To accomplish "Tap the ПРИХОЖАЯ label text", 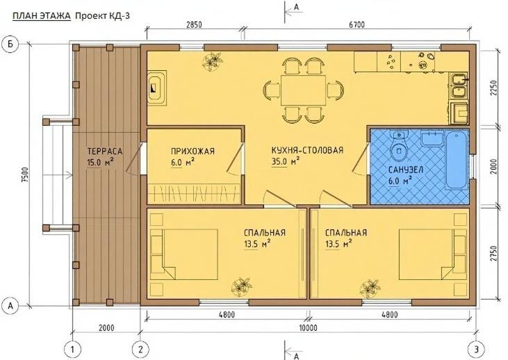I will pyautogui.click(x=192, y=150).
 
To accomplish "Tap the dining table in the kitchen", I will pyautogui.click(x=302, y=90).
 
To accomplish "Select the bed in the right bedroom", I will pyautogui.click(x=432, y=254).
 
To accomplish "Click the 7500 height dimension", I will pyautogui.click(x=25, y=173).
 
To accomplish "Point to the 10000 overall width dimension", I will pyautogui.click(x=309, y=327).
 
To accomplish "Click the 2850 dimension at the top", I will pyautogui.click(x=194, y=26).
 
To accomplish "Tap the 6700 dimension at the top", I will pyautogui.click(x=357, y=26).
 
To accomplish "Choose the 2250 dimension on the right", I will pyautogui.click(x=494, y=88).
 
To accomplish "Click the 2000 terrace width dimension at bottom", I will pyautogui.click(x=106, y=327).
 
